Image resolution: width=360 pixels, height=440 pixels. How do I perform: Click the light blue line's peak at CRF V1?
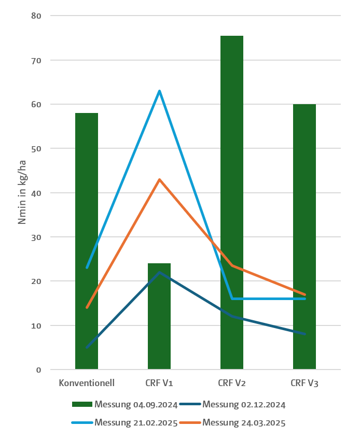click(x=159, y=91)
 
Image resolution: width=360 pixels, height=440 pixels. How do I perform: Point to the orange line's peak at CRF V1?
click(x=159, y=180)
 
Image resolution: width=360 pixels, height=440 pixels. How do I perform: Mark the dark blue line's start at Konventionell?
click(x=87, y=347)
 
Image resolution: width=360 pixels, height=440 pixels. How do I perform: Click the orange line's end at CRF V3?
click(x=304, y=294)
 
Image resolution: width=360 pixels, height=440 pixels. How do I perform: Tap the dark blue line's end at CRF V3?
click(x=304, y=334)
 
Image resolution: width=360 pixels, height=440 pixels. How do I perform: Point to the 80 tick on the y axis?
click(x=37, y=16)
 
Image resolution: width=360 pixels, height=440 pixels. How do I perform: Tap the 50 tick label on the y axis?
click(x=37, y=148)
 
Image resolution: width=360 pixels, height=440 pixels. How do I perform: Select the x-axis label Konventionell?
click(x=87, y=384)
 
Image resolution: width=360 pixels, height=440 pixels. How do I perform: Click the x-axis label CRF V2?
click(x=232, y=384)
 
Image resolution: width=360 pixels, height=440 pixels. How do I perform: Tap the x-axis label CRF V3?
click(x=304, y=384)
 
